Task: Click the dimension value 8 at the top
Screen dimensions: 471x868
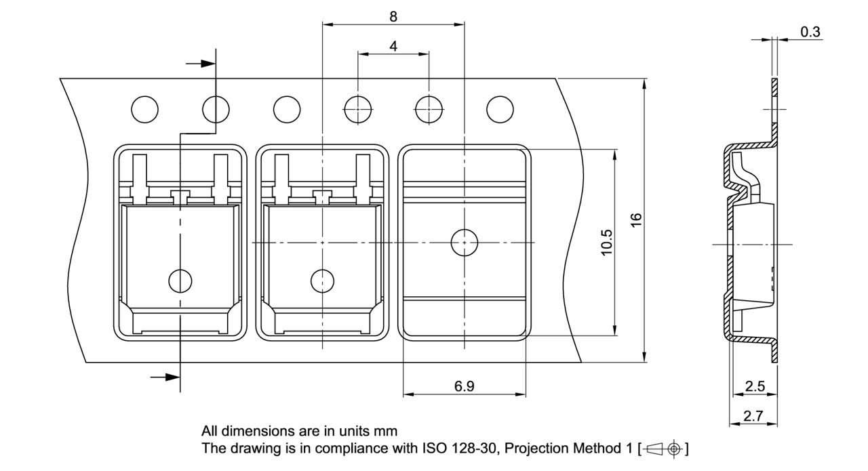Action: (393, 17)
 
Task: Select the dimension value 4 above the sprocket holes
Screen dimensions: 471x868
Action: (393, 46)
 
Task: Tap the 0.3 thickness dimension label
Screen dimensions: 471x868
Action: (810, 32)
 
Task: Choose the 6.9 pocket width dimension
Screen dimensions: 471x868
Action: (465, 386)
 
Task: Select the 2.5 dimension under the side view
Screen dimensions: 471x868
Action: (754, 386)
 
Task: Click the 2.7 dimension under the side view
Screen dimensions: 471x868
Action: (753, 416)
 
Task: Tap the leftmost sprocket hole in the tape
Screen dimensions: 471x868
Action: (144, 108)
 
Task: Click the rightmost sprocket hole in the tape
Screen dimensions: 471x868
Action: (500, 108)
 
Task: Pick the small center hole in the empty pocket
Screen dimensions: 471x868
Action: (465, 242)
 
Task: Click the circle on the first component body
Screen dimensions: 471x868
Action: (180, 279)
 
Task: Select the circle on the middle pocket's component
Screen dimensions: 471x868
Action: (322, 279)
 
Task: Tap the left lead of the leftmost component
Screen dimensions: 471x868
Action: (139, 178)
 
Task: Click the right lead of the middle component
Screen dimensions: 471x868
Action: (363, 178)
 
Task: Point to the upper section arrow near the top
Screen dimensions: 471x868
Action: (200, 63)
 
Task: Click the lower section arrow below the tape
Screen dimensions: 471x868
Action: (165, 377)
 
